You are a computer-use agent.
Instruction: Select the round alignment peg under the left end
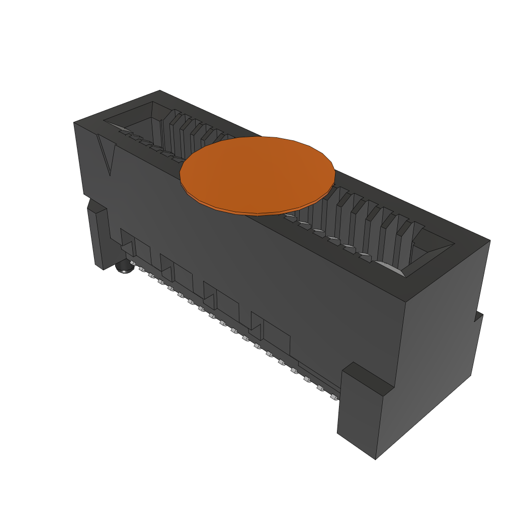124,268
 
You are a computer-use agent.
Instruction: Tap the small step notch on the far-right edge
478,316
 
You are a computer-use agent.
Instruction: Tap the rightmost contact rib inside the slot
405,241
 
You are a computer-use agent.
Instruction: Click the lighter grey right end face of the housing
443,327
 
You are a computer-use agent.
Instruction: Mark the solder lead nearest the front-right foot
333,397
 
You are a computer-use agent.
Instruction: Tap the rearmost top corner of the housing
160,92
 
